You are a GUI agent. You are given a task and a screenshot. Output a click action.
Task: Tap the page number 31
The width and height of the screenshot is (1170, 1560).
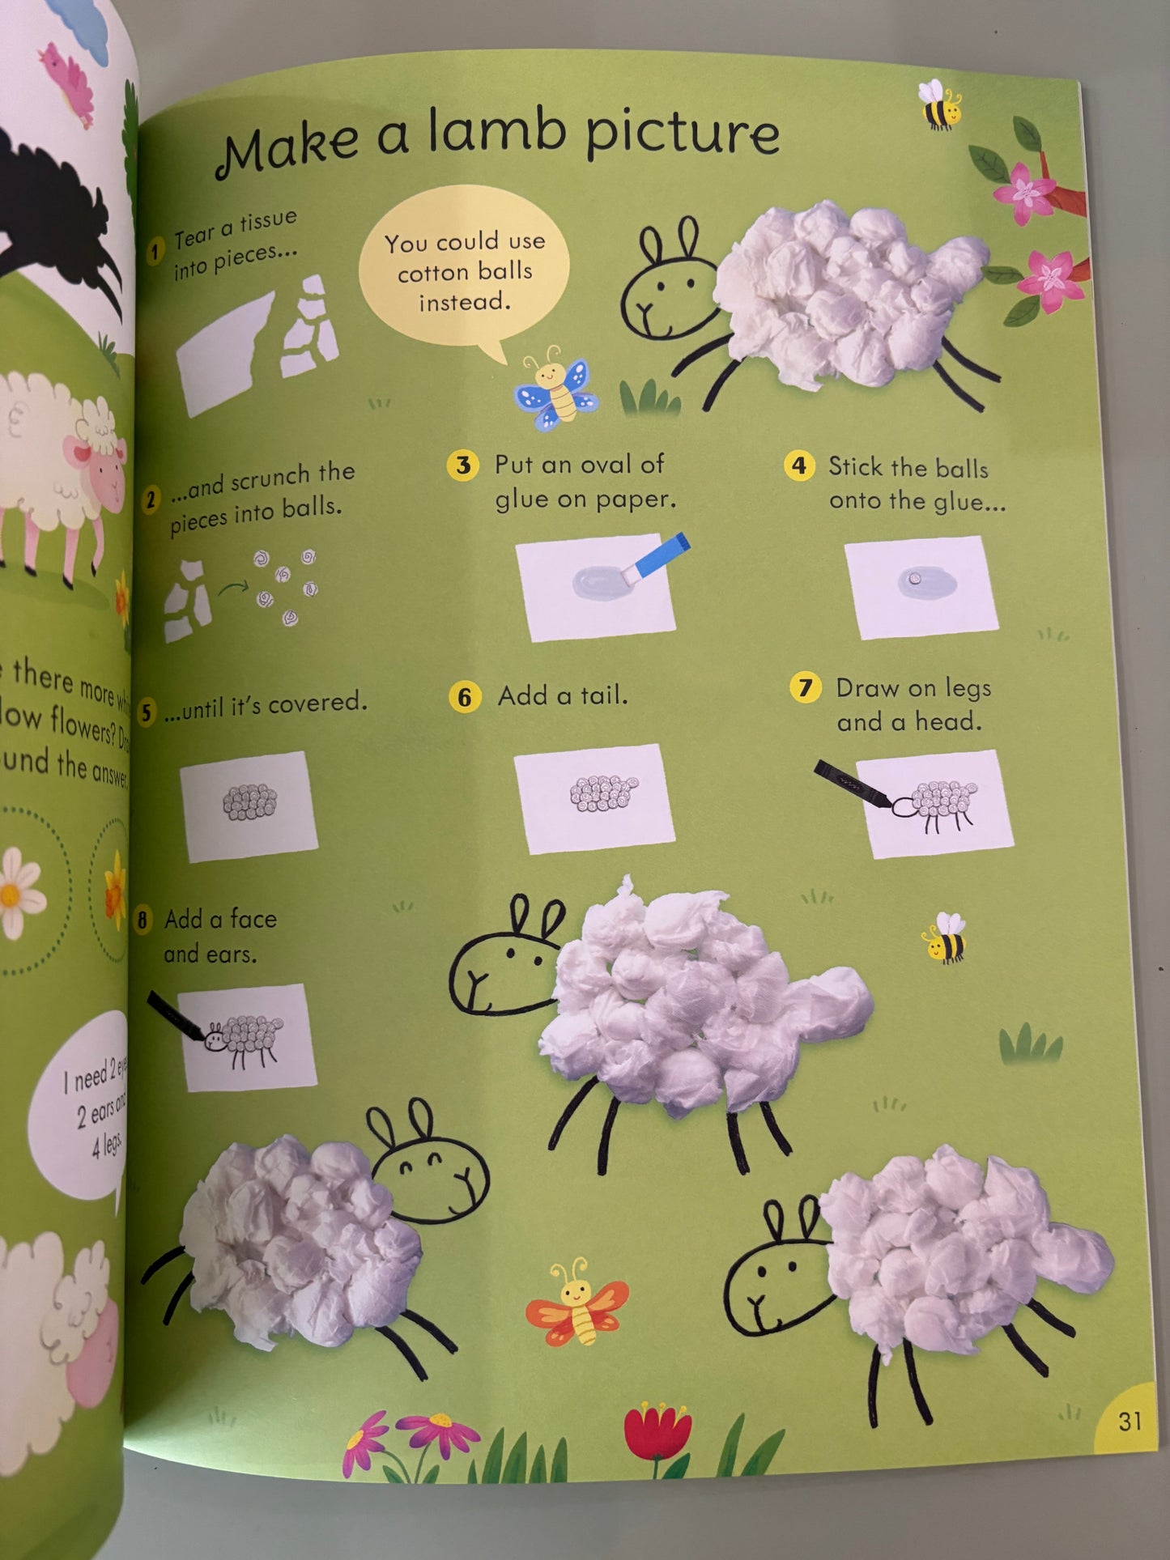pos(1130,1420)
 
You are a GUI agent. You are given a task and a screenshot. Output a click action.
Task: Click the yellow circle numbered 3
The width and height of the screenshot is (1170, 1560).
pos(462,465)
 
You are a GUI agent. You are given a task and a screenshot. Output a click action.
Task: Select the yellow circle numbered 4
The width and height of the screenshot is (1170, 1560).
pos(799,465)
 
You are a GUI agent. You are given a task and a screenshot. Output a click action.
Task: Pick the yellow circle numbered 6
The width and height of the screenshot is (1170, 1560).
pos(464,697)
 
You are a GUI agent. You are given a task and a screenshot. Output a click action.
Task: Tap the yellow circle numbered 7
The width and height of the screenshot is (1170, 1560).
pos(804,688)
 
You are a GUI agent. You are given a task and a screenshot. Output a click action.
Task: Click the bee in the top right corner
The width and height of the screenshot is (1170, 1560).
pos(940,106)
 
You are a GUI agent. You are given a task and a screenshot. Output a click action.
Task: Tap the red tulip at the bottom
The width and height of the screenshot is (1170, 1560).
pos(657,1433)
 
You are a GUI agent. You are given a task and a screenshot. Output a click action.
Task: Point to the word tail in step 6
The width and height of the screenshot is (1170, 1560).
pos(602,695)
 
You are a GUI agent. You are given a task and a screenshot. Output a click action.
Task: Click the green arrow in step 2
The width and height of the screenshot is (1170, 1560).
pos(233,586)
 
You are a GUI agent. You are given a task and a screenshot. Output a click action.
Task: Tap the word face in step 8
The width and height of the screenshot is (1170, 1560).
pos(253,919)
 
